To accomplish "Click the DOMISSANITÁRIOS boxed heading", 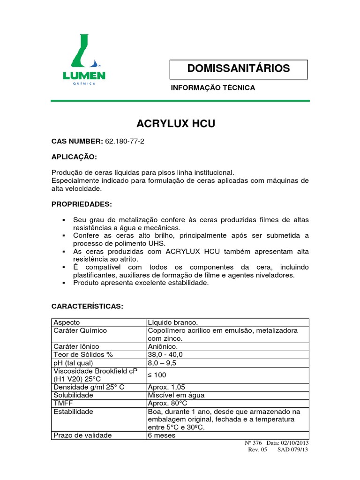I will coord(238,68).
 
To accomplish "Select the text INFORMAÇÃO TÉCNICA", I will coord(213,88).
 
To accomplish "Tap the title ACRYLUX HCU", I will coord(176,124).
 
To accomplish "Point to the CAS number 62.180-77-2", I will coord(125,142).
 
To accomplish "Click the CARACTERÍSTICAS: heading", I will coord(87,306).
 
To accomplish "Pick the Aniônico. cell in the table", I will coord(163,346).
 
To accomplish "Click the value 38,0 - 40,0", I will coord(165,354).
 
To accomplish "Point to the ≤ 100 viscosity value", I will coord(157,375).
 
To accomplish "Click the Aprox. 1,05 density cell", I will coord(166,387).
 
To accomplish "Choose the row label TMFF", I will coord(63,403).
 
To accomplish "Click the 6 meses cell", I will coord(162,435).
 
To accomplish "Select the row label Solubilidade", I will coord(74,395).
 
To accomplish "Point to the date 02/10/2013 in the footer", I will coord(295,443).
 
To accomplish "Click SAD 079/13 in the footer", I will coord(293,450).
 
